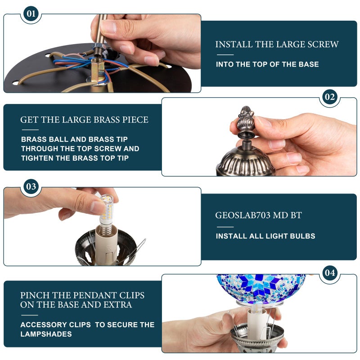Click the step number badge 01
(x=31, y=13)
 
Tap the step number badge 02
(x=330, y=97)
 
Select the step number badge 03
(x=31, y=186)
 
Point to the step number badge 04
(x=330, y=273)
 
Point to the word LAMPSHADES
(x=46, y=334)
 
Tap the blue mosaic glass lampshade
(x=261, y=288)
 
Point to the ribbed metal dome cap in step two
(x=245, y=162)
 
